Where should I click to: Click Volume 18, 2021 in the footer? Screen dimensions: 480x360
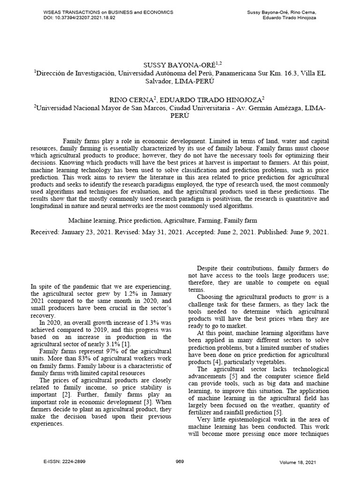(298, 462)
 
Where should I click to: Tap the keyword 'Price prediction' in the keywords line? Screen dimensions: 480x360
(138, 220)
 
